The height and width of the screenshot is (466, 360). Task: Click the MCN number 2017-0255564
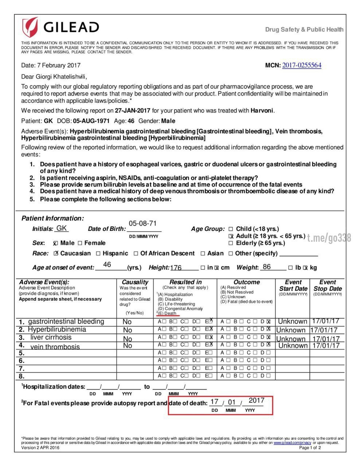coord(302,66)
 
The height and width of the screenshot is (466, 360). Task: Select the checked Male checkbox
coord(55,243)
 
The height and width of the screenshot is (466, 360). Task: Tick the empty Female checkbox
coord(80,243)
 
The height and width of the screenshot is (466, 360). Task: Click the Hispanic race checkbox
coord(98,253)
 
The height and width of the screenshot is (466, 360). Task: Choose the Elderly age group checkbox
coord(231,243)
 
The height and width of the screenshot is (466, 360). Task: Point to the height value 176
coord(176,268)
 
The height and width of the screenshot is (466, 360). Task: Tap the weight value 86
coord(267,267)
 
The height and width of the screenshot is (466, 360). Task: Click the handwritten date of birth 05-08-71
coord(143,224)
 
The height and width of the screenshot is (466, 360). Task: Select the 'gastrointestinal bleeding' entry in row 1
coord(66,321)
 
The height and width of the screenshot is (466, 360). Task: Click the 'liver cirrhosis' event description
coord(51,337)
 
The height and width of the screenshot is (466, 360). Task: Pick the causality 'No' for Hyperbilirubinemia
coord(127,330)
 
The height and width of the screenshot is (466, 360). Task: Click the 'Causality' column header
coord(135,282)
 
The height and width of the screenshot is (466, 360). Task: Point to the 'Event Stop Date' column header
coord(327,285)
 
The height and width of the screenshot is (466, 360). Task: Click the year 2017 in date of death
coord(256,400)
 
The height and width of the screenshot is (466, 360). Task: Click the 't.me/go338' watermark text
coord(329,238)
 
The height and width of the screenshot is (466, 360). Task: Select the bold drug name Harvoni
coord(262,111)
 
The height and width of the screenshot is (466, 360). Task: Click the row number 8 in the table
coord(22,376)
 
